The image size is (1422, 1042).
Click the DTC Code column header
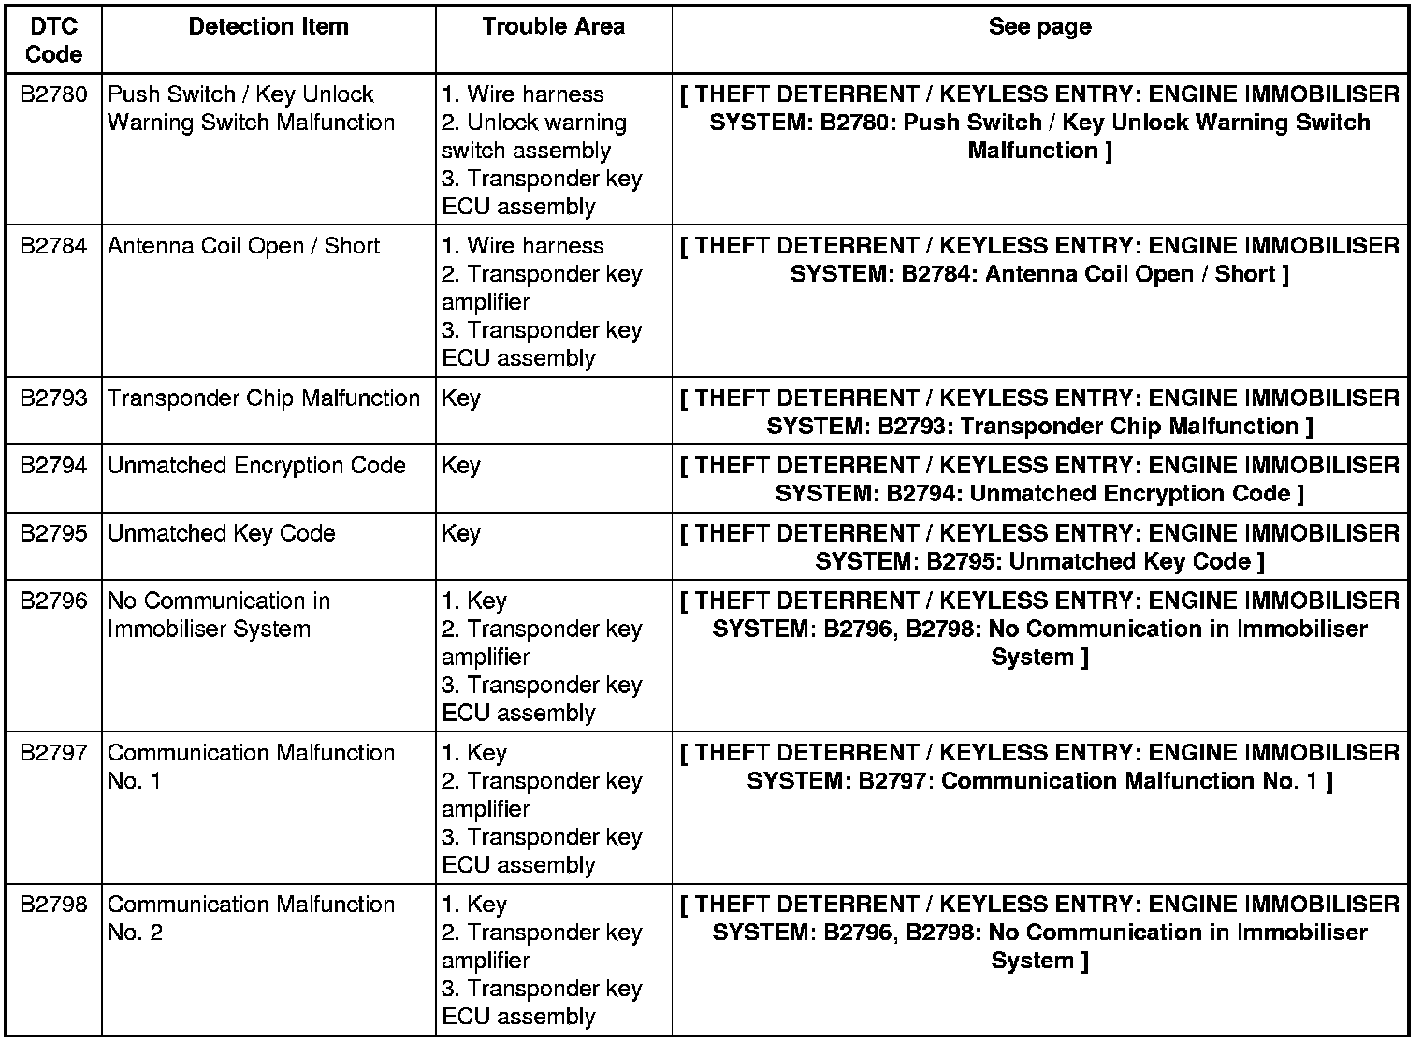tap(53, 40)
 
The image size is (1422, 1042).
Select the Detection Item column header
tap(268, 26)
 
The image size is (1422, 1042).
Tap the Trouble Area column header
tap(553, 26)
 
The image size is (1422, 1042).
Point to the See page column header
tap(1039, 26)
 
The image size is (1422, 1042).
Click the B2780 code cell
tap(53, 94)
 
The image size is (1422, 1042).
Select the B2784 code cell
tap(53, 246)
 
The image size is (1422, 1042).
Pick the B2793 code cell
tap(53, 398)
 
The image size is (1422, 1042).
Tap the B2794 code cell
tap(53, 466)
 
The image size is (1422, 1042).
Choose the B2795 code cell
tap(53, 533)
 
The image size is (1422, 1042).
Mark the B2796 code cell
tap(53, 601)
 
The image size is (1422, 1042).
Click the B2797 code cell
tap(53, 753)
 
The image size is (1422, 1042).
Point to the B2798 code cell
tap(53, 905)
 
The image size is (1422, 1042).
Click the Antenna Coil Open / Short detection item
tap(243, 246)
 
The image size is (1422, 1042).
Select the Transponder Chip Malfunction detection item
tap(263, 398)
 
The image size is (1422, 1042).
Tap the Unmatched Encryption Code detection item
tap(256, 466)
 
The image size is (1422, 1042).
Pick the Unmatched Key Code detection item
tap(221, 533)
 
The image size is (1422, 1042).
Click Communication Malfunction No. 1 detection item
tap(251, 767)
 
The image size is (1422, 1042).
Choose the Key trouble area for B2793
tap(460, 398)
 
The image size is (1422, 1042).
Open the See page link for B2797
tap(1039, 767)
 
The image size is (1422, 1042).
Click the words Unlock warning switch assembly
tap(533, 137)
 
